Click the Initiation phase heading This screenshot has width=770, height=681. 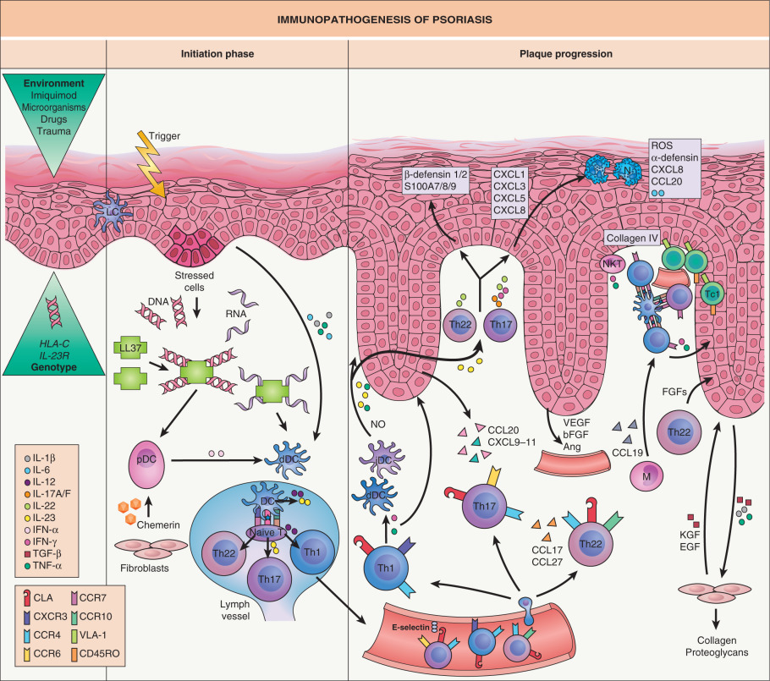tap(217, 53)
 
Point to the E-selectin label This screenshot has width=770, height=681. tap(414, 629)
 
